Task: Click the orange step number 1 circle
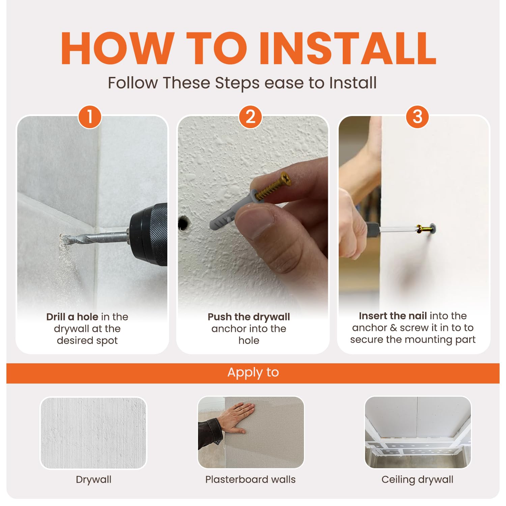90,117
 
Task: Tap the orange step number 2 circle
250,117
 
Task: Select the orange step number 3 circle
418,117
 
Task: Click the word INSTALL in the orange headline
347,48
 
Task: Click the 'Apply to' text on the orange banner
253,372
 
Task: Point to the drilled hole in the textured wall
183,223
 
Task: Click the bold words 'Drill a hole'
72,317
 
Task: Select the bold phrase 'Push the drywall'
249,317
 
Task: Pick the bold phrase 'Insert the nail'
393,316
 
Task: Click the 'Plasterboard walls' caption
250,479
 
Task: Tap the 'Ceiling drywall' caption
417,479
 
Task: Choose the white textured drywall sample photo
93,433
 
